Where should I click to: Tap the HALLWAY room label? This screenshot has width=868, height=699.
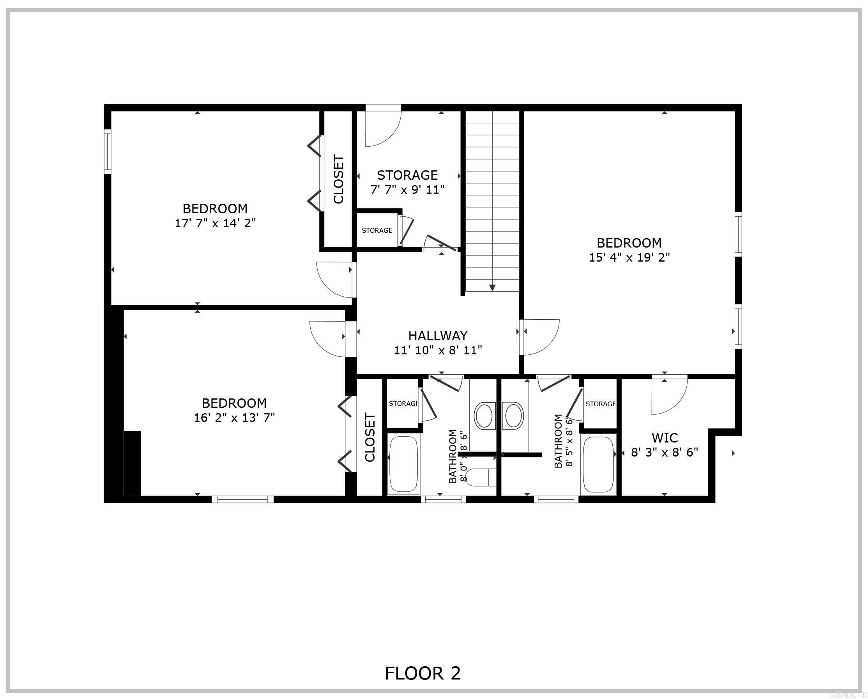click(438, 335)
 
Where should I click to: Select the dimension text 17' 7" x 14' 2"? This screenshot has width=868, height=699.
click(215, 223)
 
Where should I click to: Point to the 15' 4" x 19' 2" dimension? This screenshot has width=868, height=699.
click(629, 257)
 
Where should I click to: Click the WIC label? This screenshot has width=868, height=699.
click(665, 438)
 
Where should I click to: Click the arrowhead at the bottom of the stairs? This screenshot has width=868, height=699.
click(492, 287)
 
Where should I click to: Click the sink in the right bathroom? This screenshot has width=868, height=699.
click(513, 416)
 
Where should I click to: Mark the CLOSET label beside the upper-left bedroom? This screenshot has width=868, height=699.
click(339, 179)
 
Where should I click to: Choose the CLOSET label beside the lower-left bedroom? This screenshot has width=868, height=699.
click(369, 437)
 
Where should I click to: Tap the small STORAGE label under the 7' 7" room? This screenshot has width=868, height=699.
click(377, 230)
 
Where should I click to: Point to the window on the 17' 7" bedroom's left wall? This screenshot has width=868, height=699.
click(108, 151)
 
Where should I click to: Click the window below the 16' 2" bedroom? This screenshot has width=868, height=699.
click(242, 499)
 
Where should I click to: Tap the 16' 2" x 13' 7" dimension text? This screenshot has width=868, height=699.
click(234, 418)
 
